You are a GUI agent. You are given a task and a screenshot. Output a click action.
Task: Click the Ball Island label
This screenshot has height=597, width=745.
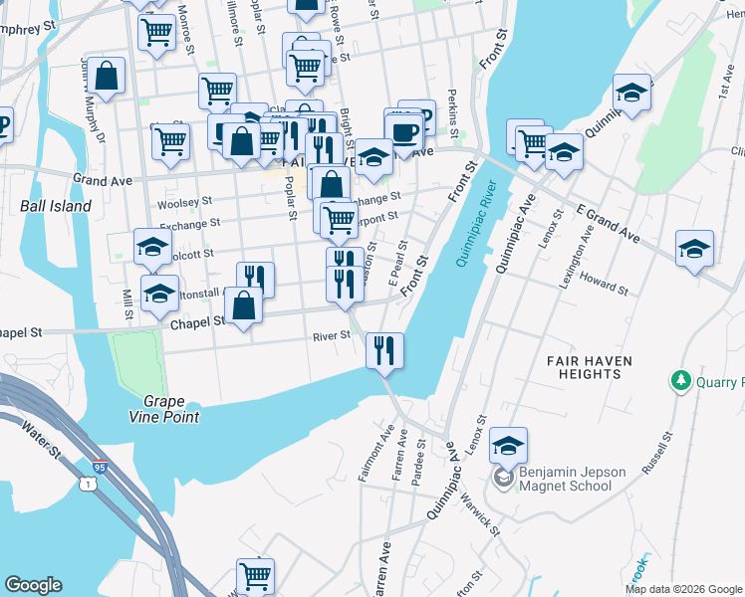[x=56, y=206]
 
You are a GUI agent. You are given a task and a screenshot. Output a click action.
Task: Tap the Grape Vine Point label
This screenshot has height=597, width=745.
[x=170, y=407]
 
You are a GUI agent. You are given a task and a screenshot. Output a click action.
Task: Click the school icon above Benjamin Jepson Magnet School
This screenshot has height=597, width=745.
[x=508, y=446]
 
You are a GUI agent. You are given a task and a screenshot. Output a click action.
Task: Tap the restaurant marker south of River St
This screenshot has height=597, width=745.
[x=383, y=350]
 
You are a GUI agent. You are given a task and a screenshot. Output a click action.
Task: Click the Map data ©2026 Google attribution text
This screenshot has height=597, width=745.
[x=683, y=589]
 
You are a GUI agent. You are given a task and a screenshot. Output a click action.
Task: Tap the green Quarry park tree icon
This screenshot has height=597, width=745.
[x=681, y=380]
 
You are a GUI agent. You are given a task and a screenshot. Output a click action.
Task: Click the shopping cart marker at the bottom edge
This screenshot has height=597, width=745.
[x=255, y=575]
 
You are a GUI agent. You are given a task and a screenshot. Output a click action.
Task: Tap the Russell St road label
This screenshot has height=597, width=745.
[x=658, y=452]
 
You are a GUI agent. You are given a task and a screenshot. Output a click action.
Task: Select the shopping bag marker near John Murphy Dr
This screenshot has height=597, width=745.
[x=106, y=77]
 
